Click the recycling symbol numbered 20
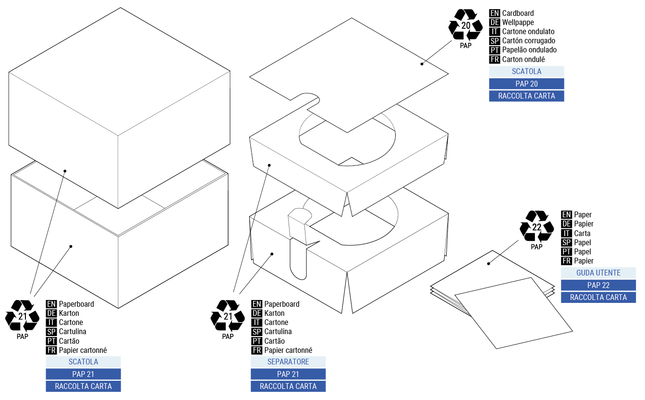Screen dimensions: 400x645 coord(465,25)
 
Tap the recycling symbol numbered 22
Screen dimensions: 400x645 coord(537,226)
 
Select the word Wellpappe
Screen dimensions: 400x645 coord(518,23)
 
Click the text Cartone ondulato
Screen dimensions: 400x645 coord(528,32)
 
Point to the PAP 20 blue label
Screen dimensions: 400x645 coord(526,84)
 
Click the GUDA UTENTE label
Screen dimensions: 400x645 coord(598,273)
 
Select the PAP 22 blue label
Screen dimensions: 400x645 coord(598,285)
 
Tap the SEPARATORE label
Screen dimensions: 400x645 coord(288,362)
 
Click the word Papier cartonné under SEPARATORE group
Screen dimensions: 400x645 coord(288,350)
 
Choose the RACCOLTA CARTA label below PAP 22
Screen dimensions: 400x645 coord(598,298)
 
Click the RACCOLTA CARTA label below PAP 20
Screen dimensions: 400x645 coord(526,96)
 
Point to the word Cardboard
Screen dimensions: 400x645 coord(518,13)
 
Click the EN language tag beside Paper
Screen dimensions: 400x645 coord(566,215)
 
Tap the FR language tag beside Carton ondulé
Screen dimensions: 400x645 coord(494,60)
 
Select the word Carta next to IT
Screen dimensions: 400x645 coord(582,233)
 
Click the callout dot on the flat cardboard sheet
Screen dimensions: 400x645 coord(422,63)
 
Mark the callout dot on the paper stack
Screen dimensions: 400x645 coord(488,263)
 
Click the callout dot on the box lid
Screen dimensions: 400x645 coord(65,171)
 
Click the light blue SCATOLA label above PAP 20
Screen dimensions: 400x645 coord(526,72)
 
